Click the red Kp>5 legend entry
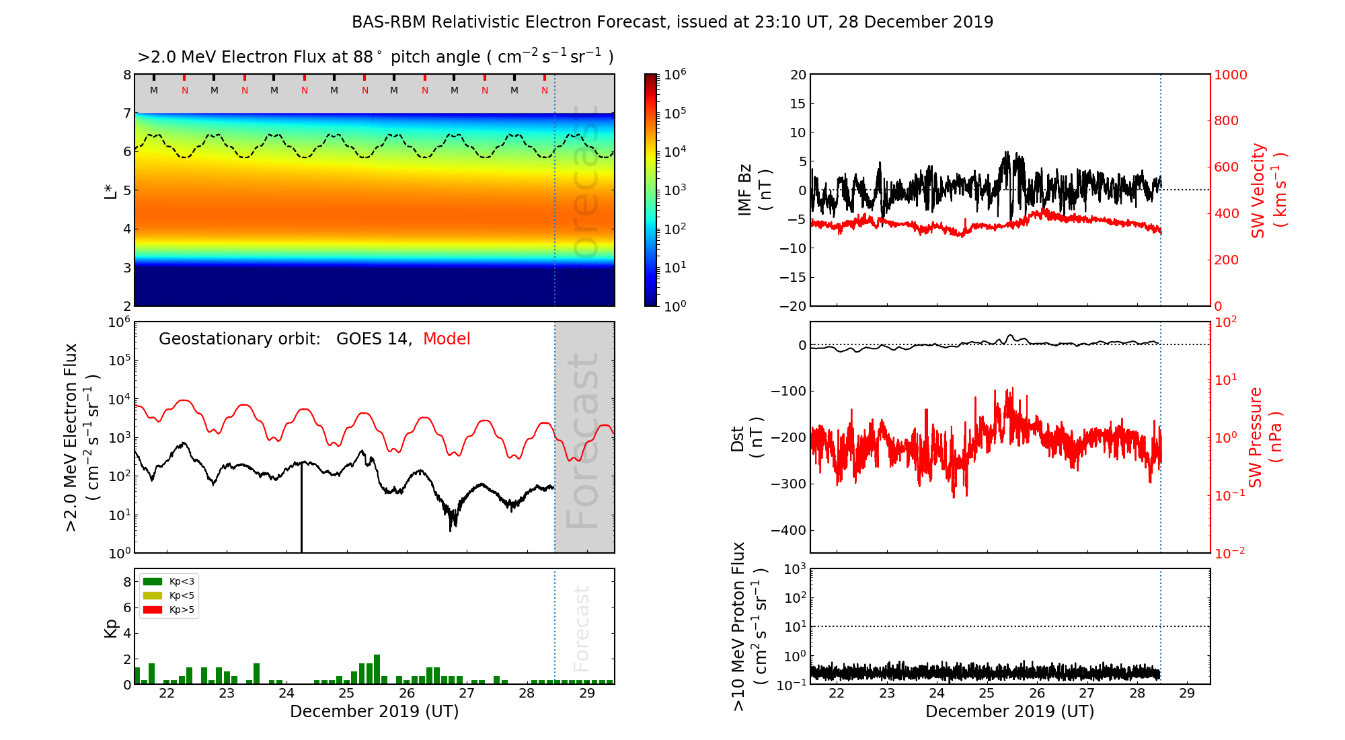pos(169,610)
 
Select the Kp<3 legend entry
pos(169,581)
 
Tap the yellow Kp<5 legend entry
pos(169,595)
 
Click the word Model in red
pos(447,339)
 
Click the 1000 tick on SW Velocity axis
pos(1230,75)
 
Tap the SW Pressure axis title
pos(1264,437)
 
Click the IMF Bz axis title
pos(754,190)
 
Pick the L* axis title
pos(111,190)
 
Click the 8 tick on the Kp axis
pos(127,582)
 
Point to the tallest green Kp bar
pos(377,669)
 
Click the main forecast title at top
pos(672,22)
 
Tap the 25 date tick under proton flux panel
pos(987,694)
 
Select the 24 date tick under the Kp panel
pos(286,694)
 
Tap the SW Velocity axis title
pos(1267,190)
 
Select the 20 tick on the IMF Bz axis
pos(798,75)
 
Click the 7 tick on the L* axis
pos(127,113)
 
